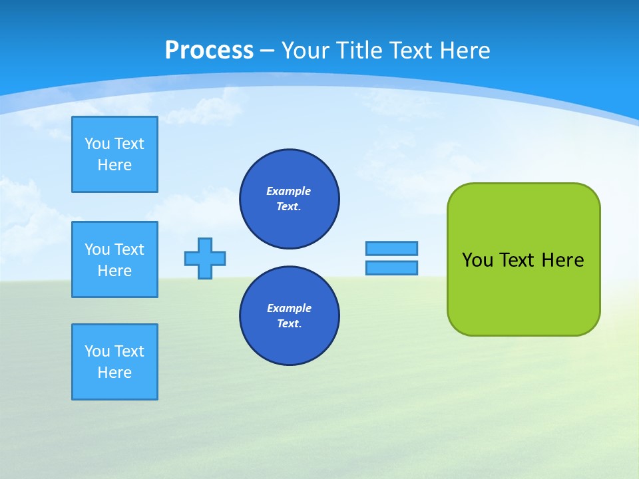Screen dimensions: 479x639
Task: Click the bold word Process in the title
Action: [209, 51]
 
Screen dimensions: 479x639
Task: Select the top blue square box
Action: [114, 154]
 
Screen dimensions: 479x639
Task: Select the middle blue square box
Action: [114, 259]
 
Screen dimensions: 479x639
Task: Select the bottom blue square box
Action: [114, 362]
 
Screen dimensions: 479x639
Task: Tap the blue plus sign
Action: [205, 259]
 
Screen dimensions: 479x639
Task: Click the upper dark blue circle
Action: [290, 199]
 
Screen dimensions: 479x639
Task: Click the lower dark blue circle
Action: [290, 316]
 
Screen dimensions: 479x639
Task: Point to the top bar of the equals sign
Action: [391, 248]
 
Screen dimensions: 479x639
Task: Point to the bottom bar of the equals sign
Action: [391, 268]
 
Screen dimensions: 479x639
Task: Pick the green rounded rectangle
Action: [523, 293]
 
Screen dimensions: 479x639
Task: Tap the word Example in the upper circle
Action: [289, 191]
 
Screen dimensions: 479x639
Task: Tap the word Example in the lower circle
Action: [289, 308]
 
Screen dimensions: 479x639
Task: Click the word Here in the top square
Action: [114, 165]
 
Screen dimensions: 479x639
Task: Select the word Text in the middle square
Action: [128, 249]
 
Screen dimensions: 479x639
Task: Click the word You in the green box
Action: [477, 260]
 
